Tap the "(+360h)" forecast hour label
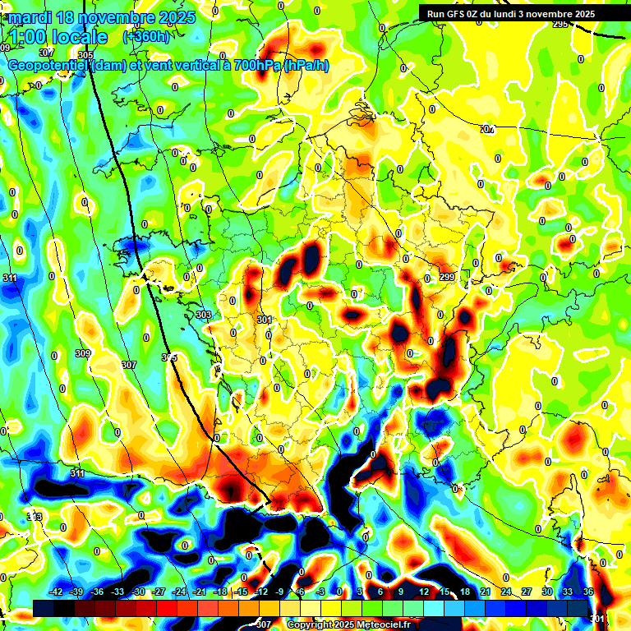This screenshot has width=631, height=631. click(x=146, y=36)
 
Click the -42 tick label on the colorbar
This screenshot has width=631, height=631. click(x=56, y=592)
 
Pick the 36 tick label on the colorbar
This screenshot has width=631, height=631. click(x=588, y=592)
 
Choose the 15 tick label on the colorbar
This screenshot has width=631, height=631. click(x=444, y=592)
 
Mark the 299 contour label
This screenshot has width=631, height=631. click(x=447, y=279)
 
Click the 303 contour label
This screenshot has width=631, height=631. click(x=205, y=315)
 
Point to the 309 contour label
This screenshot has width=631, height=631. click(x=83, y=354)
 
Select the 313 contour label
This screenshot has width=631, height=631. click(x=35, y=517)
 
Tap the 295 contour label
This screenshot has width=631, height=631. click(x=560, y=25)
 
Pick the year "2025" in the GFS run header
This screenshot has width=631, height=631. click(x=584, y=13)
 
